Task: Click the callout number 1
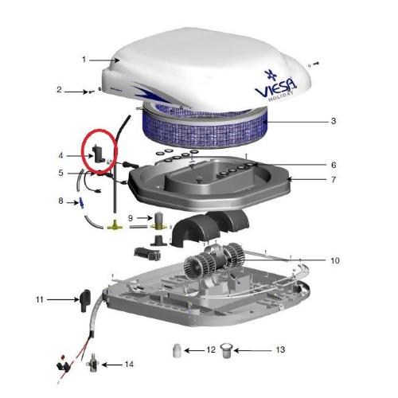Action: coord(84,60)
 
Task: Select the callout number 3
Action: coord(334,121)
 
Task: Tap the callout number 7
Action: coord(334,180)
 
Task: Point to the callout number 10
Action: coord(335,260)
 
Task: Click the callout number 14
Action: coord(129,365)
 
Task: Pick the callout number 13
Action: coord(280,349)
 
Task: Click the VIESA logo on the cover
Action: coord(275,86)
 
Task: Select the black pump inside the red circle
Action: coord(97,154)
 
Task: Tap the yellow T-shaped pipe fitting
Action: coord(115,226)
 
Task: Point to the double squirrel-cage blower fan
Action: coord(214,260)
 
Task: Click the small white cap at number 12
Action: coord(177,350)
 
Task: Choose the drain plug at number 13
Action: coord(226,350)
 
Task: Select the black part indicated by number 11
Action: coord(84,300)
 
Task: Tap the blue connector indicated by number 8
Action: coord(80,203)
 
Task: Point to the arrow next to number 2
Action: coord(76,92)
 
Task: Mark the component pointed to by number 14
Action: coord(93,363)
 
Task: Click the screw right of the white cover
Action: coord(316,64)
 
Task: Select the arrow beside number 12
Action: coord(194,350)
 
